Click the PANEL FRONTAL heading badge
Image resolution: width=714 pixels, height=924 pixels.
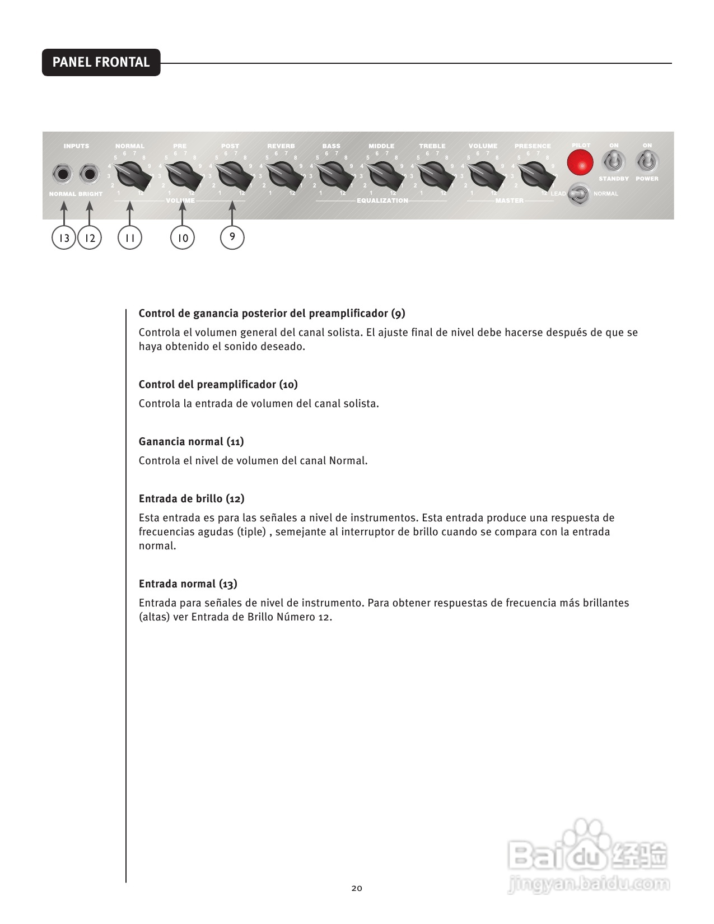coord(101,62)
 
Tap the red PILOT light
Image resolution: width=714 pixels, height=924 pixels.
coord(580,164)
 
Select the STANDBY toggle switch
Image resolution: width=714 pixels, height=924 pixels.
coord(614,162)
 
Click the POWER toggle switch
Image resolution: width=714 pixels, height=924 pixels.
coord(647,162)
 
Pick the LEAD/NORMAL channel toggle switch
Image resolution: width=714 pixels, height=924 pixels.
coord(580,194)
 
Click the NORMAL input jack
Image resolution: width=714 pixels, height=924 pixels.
coord(63,174)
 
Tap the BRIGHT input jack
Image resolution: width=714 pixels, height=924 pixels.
coord(89,174)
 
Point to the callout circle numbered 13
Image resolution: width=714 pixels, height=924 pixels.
coord(64,238)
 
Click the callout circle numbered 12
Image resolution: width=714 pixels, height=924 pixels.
coord(90,238)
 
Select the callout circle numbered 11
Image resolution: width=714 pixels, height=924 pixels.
coord(130,238)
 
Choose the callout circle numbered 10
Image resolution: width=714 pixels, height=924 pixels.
coord(183,238)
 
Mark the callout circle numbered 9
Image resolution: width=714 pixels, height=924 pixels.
coord(232,237)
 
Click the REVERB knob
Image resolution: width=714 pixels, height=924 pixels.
coord(282,175)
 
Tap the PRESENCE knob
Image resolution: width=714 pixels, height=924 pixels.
coord(534,175)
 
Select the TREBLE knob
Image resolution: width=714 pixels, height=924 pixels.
coord(433,175)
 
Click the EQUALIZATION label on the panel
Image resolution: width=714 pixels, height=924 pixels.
coord(382,200)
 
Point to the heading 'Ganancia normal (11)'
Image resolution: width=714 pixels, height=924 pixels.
coord(191,441)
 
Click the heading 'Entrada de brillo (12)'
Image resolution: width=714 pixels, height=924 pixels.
coord(191,498)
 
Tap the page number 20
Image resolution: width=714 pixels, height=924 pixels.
coord(357,888)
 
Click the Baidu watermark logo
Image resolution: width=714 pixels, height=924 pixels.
coord(588,857)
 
